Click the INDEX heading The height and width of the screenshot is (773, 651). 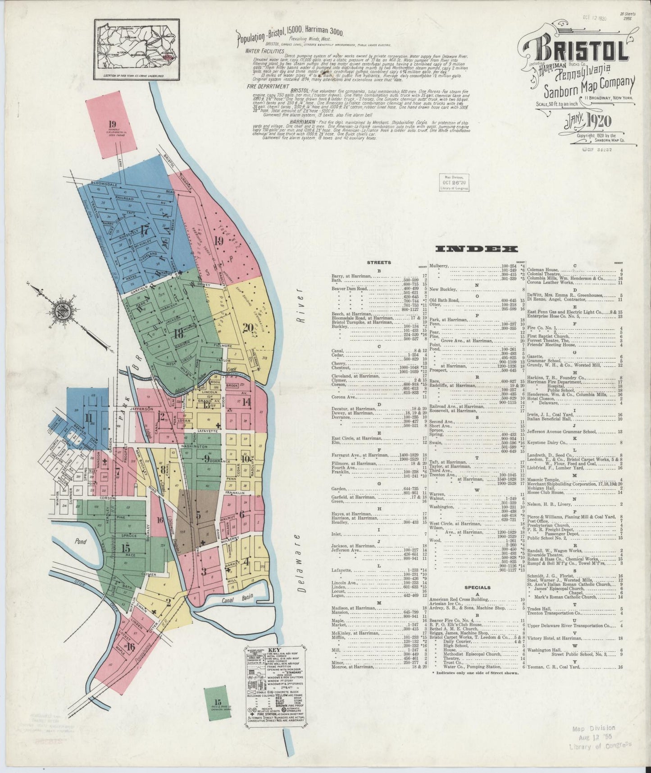(x=477, y=249)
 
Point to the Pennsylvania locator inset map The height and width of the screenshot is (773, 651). (x=137, y=49)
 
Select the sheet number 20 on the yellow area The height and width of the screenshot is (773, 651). (x=247, y=328)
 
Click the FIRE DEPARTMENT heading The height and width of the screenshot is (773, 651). (x=268, y=86)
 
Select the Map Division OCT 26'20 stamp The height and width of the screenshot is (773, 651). (x=454, y=183)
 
